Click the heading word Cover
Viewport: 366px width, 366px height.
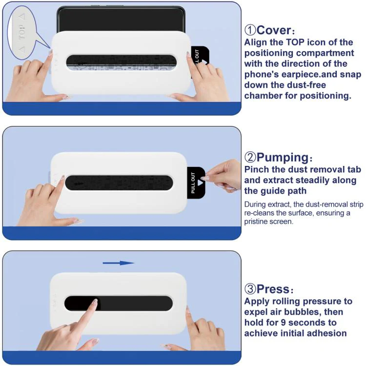[274, 30]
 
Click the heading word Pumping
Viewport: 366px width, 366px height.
[283, 157]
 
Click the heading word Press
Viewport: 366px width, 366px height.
[273, 289]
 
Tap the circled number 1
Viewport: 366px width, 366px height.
[250, 30]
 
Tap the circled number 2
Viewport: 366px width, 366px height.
[250, 157]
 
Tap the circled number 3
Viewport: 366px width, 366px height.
[250, 289]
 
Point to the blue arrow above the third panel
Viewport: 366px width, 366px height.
[119, 263]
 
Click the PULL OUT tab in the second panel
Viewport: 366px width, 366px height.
[196, 183]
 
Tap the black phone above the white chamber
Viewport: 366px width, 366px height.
[121, 19]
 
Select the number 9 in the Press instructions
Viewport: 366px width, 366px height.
[283, 323]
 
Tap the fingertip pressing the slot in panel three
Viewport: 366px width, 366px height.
[95, 302]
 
